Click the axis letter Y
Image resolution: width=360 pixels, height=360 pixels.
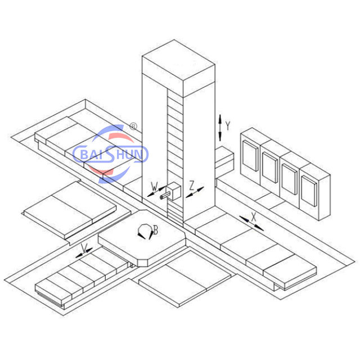pos(227,126)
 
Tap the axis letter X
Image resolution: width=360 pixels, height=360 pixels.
pos(254,217)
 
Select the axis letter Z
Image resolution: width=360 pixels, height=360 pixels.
pos(192,185)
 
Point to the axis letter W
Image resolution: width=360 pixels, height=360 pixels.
pos(155,187)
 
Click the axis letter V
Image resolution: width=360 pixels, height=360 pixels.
pos(84,247)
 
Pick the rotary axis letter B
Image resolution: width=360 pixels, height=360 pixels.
pos(156,230)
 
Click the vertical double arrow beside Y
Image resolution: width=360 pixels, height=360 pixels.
pos(220,128)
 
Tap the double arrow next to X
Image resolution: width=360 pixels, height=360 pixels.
pos(251,223)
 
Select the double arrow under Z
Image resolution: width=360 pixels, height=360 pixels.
pos(195,192)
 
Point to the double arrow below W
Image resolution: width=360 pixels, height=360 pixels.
pos(156,191)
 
